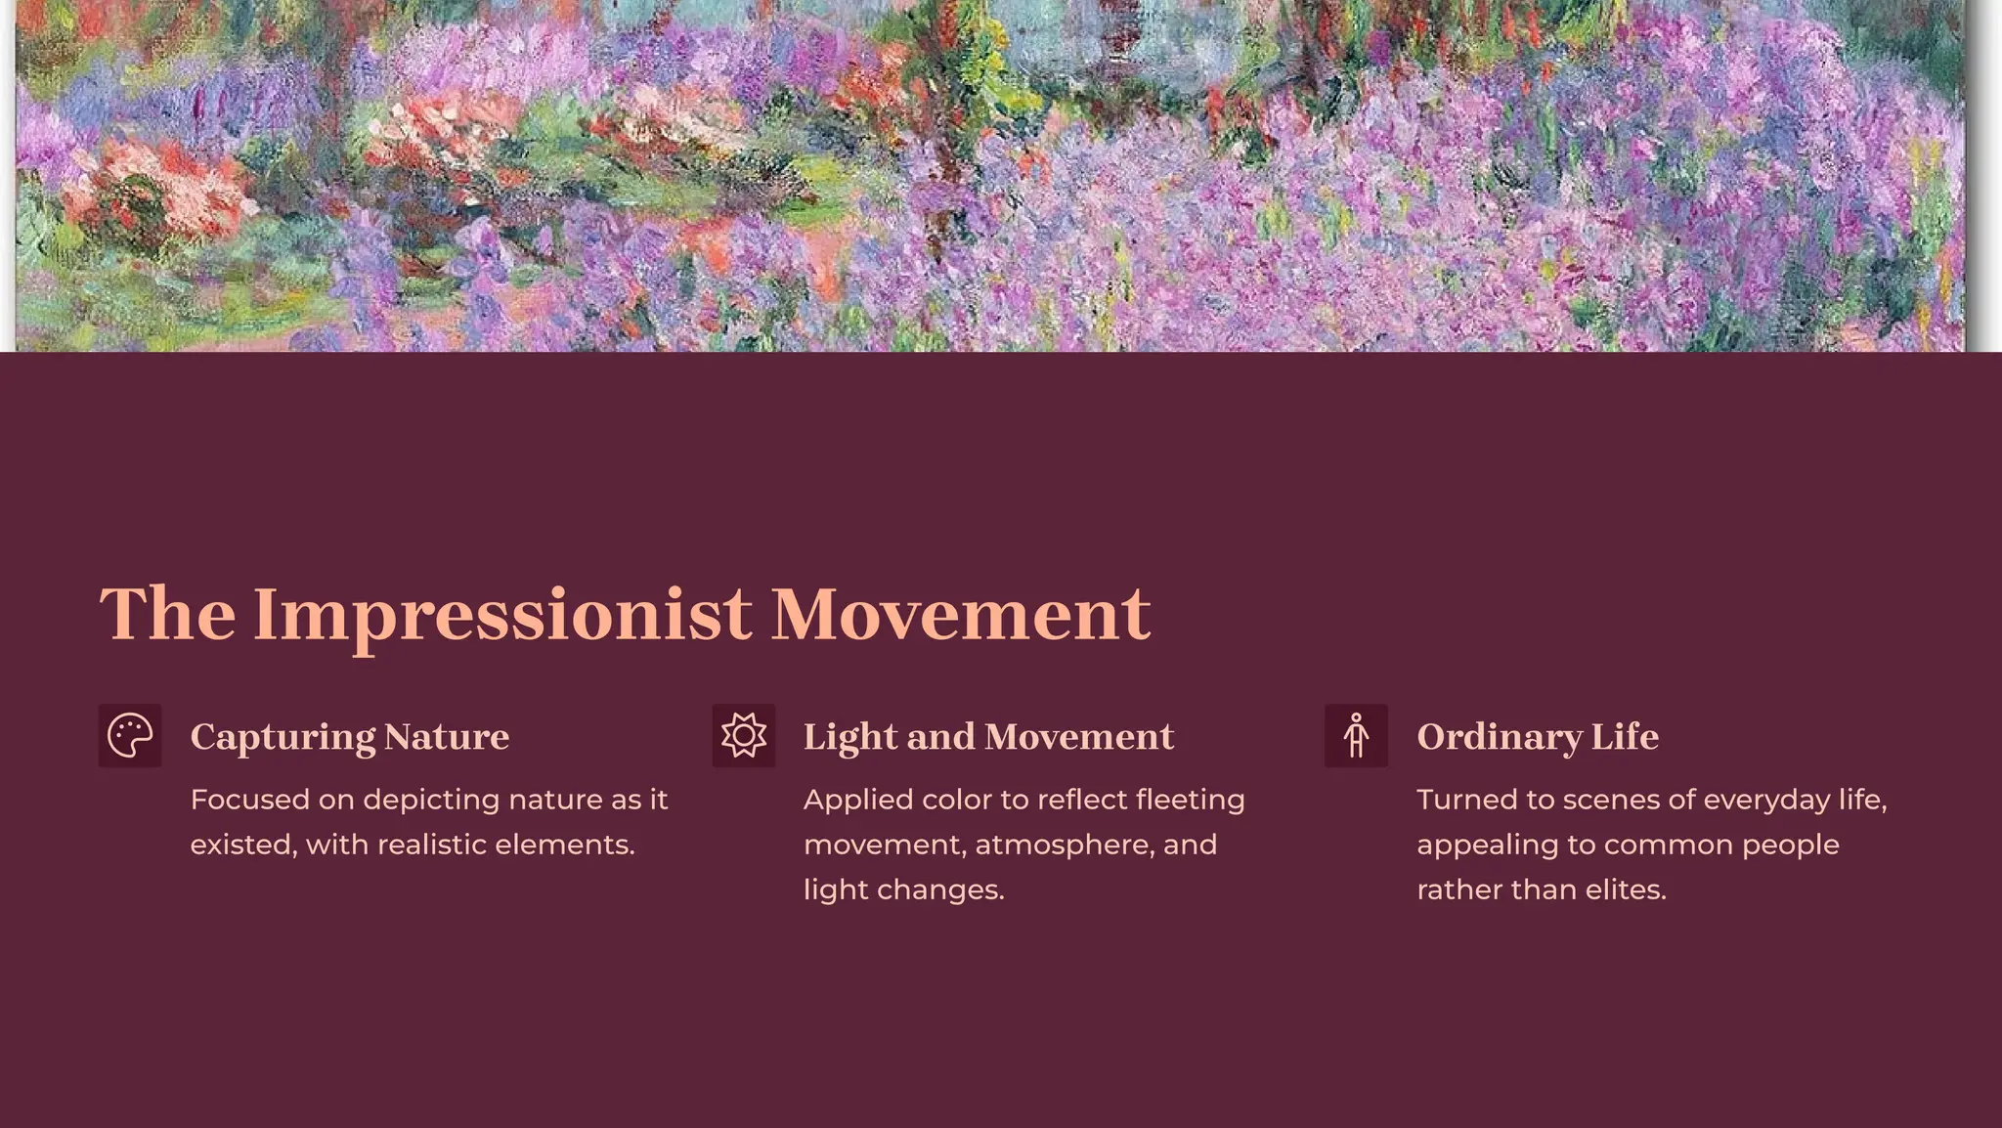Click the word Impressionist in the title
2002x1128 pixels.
point(502,614)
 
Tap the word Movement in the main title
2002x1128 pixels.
point(960,614)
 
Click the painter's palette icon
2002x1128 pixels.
point(130,736)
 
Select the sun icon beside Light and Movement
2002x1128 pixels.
point(744,736)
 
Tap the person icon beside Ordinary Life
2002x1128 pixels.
point(1356,736)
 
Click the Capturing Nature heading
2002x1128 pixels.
point(349,737)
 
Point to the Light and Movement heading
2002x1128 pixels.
point(988,737)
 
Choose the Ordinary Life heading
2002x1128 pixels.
point(1538,737)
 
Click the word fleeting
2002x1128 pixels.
point(1190,800)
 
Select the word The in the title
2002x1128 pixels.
point(167,614)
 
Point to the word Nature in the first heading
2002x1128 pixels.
point(447,737)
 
